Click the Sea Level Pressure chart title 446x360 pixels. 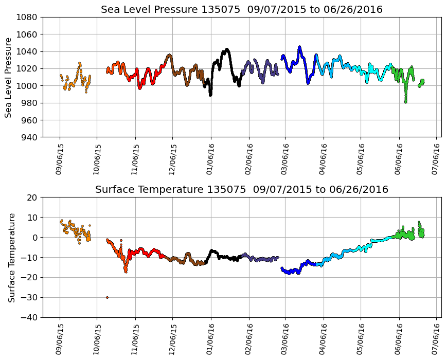[241, 9]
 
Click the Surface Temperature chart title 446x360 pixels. [241, 190]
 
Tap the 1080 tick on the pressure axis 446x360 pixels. [28, 17]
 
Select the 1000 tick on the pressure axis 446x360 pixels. [28, 86]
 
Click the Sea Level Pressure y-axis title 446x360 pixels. [8, 77]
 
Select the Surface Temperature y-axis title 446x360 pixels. [11, 257]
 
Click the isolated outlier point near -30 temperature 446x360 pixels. [107, 297]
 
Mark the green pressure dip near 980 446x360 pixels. [405, 101]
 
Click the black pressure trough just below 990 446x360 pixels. [210, 95]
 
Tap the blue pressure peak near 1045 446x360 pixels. [299, 47]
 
